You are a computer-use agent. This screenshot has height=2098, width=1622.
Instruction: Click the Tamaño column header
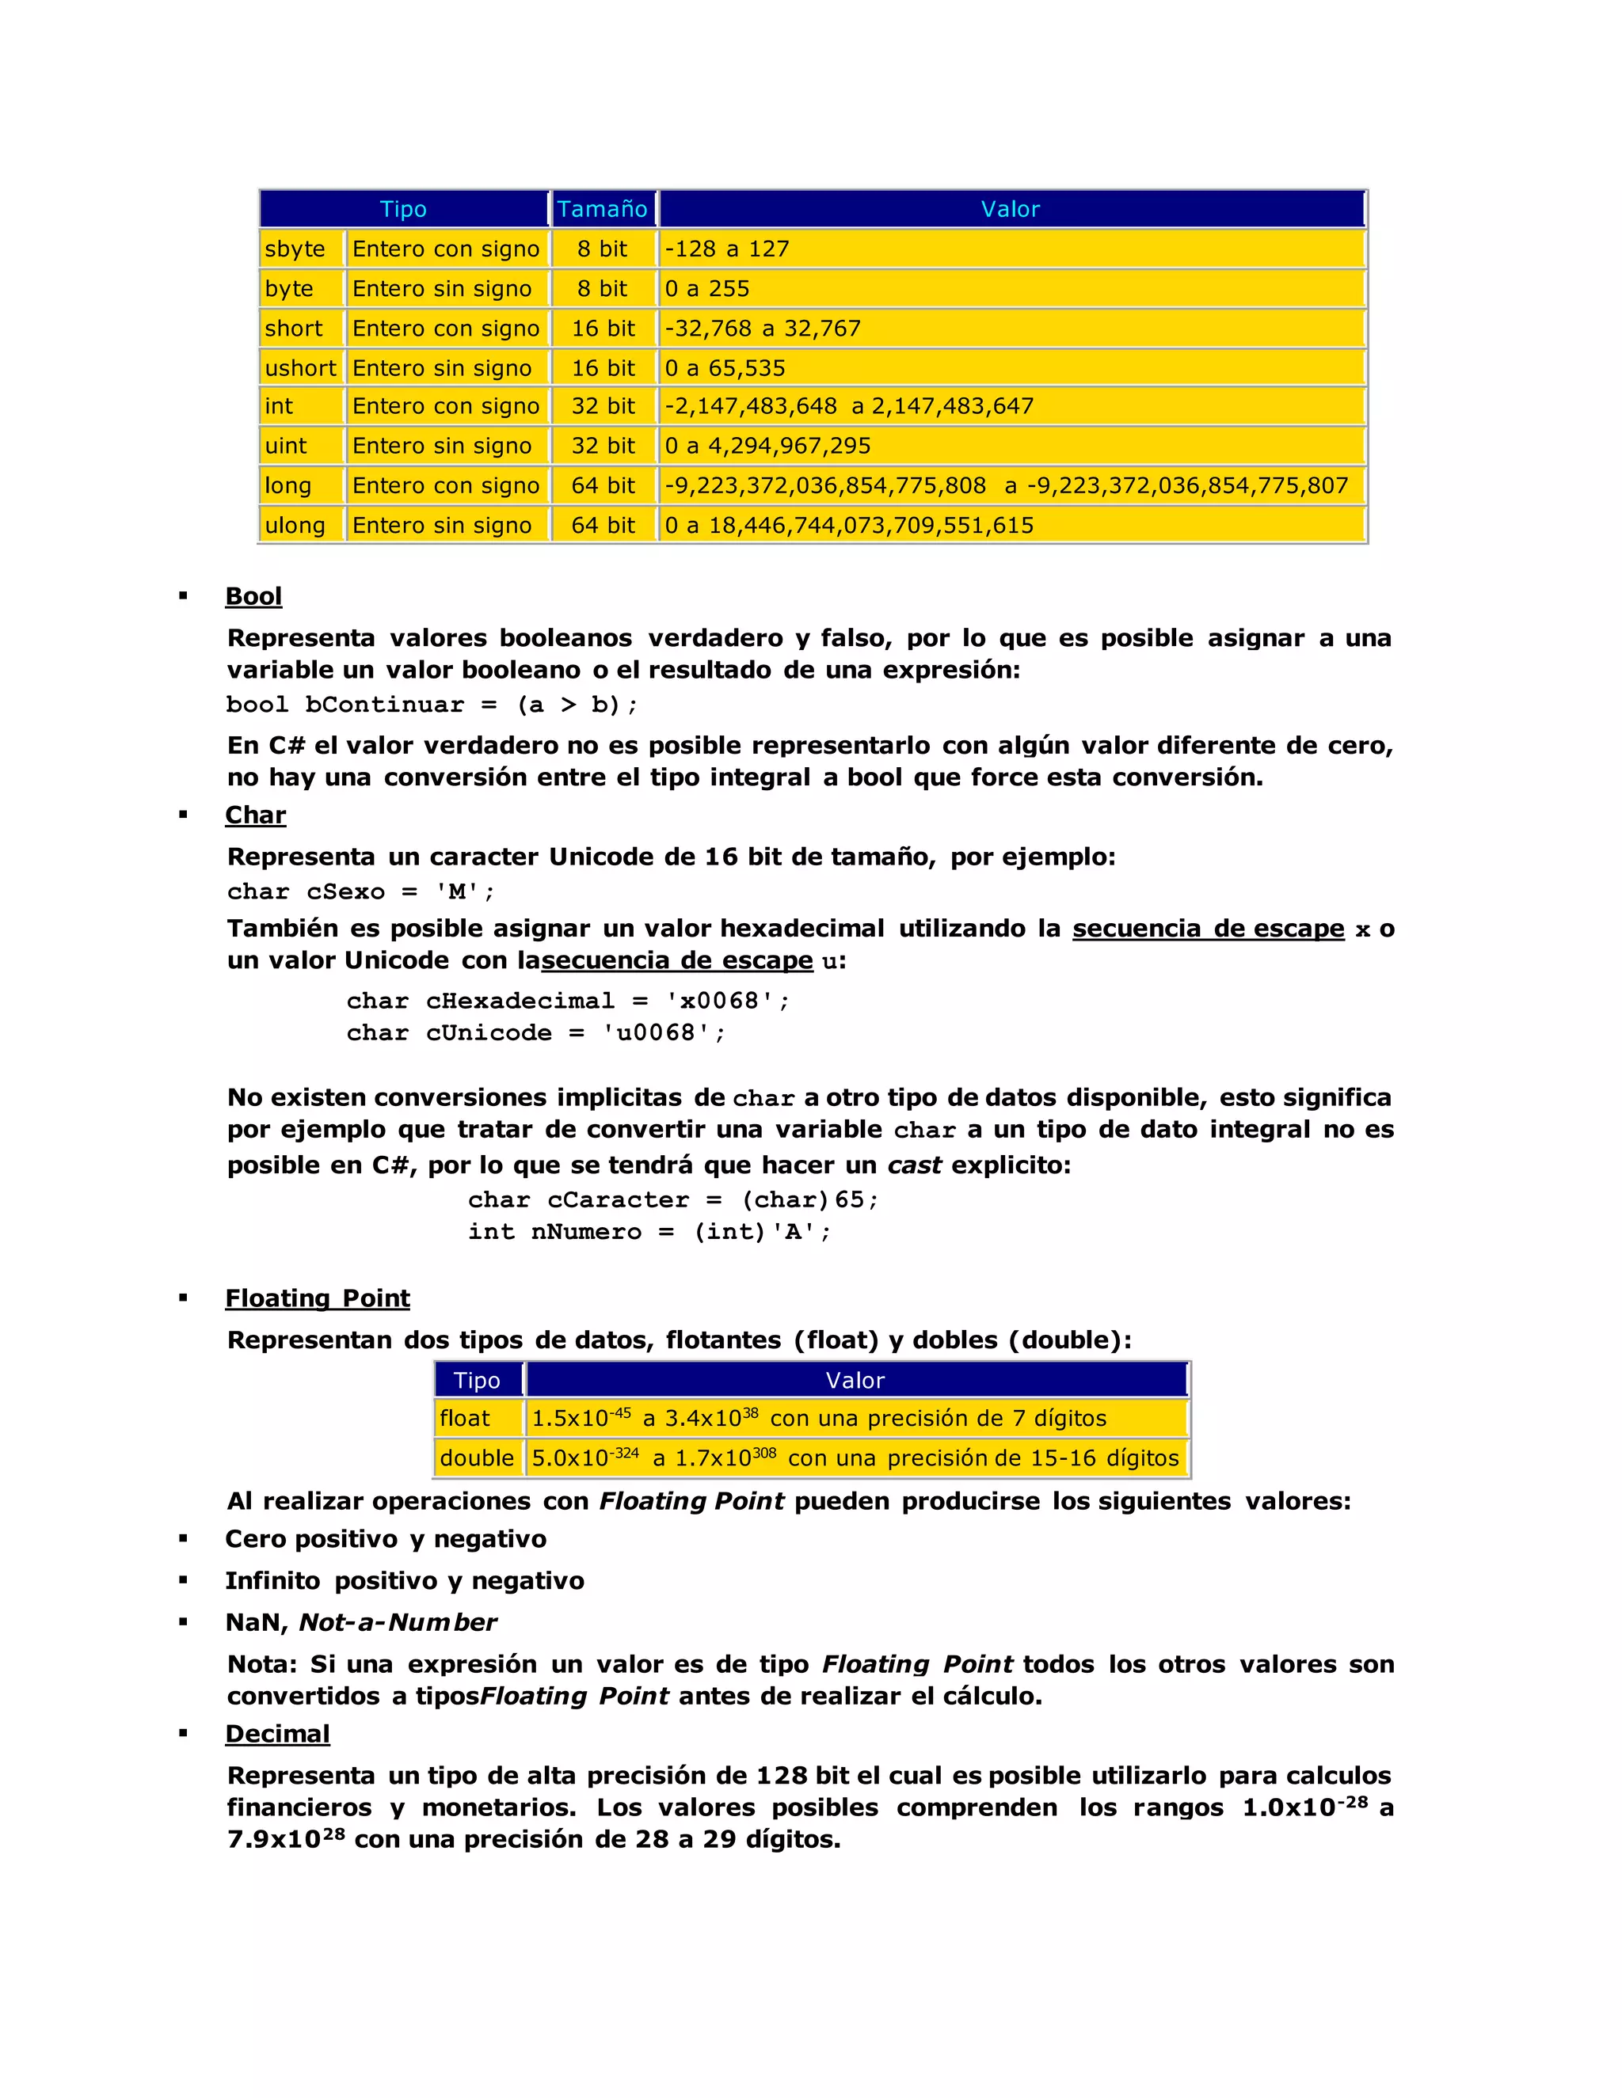tap(603, 208)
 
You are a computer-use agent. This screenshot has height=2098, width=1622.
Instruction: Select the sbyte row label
tap(295, 249)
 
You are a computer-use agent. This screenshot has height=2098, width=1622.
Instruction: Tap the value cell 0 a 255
tap(707, 288)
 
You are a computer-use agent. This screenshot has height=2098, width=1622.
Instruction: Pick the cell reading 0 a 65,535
tap(725, 368)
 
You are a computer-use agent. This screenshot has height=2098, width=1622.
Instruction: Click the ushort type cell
tap(301, 368)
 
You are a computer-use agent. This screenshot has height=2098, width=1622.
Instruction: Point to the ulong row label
tap(295, 526)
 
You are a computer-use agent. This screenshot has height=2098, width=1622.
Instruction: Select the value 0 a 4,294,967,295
tap(767, 446)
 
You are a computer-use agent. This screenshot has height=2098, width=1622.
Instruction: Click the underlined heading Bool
tap(253, 597)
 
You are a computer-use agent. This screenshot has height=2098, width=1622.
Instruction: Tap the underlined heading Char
tap(256, 815)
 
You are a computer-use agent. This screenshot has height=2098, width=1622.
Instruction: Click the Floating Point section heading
tap(317, 1298)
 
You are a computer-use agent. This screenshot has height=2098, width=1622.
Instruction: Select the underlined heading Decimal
tap(278, 1733)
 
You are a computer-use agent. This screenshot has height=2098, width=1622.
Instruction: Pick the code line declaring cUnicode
tap(536, 1032)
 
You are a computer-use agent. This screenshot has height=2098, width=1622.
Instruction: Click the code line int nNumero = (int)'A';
tap(649, 1232)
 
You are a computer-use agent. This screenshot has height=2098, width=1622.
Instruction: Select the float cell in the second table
tap(465, 1418)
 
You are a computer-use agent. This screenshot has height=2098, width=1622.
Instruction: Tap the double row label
tap(477, 1458)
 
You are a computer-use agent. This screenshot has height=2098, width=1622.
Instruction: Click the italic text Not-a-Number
tap(398, 1622)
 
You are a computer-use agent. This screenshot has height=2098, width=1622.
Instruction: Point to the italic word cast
tap(914, 1165)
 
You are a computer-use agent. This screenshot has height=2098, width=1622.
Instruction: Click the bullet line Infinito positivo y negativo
tap(405, 1580)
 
